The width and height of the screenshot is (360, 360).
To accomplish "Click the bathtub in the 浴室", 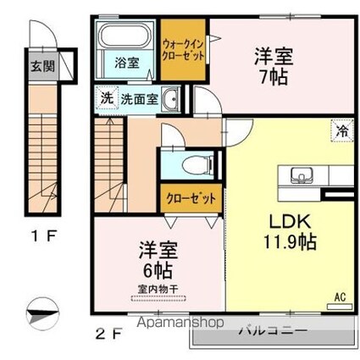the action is [x=125, y=35].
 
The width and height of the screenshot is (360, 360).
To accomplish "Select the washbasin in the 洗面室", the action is [x=170, y=99].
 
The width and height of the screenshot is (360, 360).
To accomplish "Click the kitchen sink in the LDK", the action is [x=302, y=174].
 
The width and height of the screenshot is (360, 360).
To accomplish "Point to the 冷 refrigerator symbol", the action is [x=342, y=130].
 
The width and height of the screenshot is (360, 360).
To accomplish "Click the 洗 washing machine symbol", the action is [x=106, y=97].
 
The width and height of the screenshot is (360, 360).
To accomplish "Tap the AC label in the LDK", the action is [x=340, y=297].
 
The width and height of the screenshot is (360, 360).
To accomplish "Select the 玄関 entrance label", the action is [x=43, y=66].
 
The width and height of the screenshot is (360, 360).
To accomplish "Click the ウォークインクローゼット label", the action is [x=183, y=51].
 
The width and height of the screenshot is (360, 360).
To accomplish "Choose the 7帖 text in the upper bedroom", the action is [x=274, y=77].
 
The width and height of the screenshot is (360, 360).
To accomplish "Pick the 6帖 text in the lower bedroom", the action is [x=158, y=270].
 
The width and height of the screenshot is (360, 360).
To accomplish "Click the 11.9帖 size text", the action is [x=290, y=241].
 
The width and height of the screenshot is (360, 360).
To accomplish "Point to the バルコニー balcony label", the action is [x=273, y=330].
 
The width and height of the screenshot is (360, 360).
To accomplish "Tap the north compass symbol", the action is [x=42, y=314].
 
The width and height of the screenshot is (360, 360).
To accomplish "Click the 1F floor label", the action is [x=44, y=236].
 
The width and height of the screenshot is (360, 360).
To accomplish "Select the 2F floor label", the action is [x=108, y=335].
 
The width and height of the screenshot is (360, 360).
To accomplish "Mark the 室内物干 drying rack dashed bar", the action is [x=158, y=298].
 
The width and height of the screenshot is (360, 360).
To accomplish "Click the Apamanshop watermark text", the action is [x=180, y=322].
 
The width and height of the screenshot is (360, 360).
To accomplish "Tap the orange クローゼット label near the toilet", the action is [x=191, y=198].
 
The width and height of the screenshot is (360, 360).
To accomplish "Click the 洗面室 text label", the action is [x=139, y=99].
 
